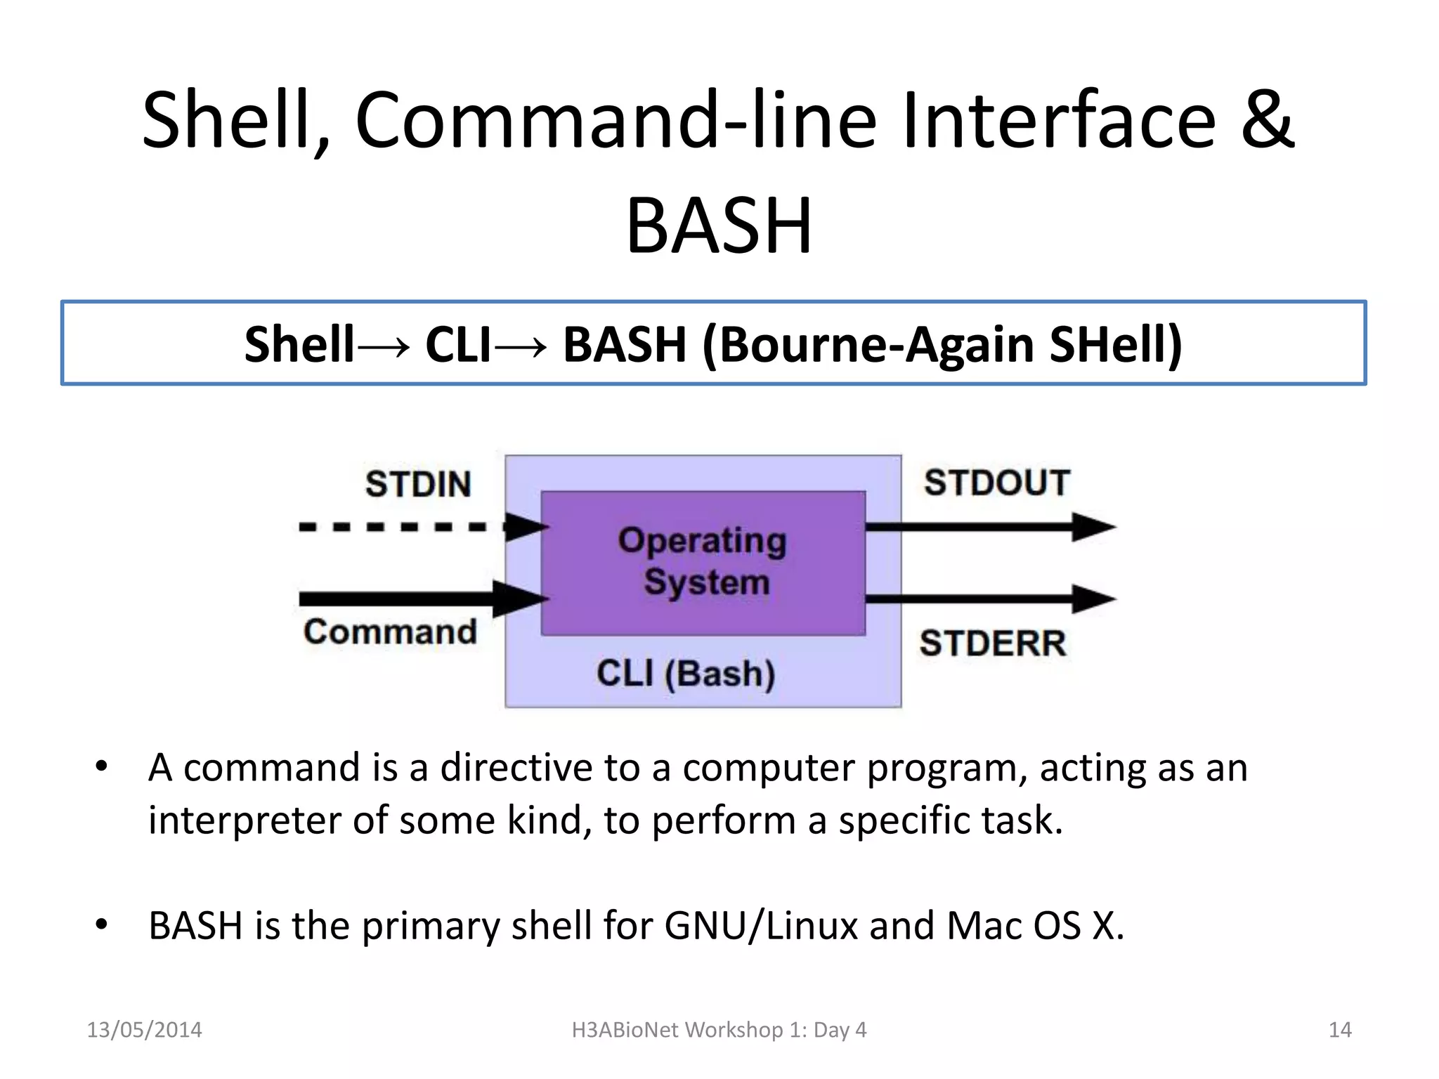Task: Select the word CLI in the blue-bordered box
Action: (x=457, y=345)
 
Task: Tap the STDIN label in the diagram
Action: (x=418, y=485)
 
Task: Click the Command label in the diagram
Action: (x=390, y=632)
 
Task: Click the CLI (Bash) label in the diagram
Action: (x=686, y=673)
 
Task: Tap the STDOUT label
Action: (x=996, y=483)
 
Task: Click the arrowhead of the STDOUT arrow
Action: (x=1093, y=527)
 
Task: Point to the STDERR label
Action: (x=993, y=643)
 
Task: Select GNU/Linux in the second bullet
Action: (x=761, y=926)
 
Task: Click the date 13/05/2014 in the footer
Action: (x=144, y=1030)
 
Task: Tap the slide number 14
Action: (x=1340, y=1030)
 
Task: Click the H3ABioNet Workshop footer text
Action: (x=719, y=1030)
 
